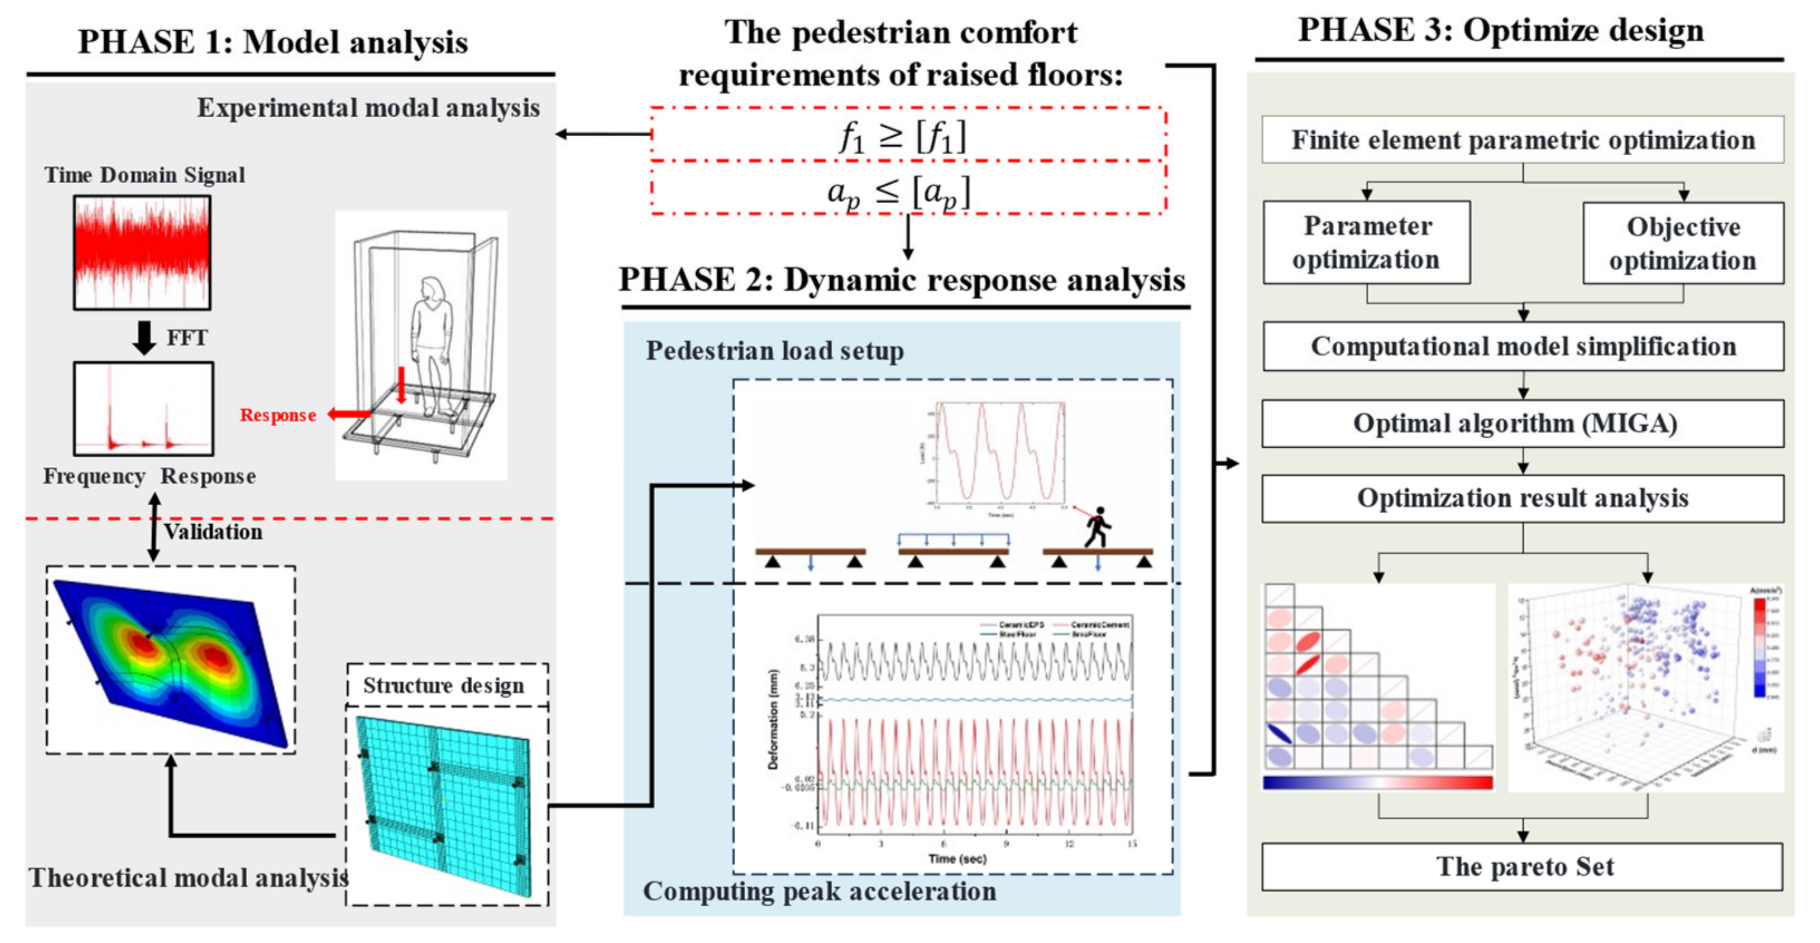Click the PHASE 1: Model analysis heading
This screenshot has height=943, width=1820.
[x=273, y=43]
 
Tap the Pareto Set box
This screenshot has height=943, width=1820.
[x=1522, y=867]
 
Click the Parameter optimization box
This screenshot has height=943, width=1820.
[x=1366, y=242]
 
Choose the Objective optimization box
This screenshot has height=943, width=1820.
[x=1683, y=243]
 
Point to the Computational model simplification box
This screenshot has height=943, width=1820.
[x=1522, y=346]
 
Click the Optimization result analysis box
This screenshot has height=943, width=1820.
[x=1522, y=498]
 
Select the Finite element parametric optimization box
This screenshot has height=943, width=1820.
[x=1522, y=140]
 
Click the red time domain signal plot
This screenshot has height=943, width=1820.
[x=142, y=252]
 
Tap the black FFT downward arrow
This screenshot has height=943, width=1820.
[x=144, y=338]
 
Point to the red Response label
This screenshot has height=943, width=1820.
[x=278, y=415]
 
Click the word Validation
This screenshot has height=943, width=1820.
[x=213, y=531]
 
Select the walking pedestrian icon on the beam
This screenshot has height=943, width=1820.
[x=1097, y=527]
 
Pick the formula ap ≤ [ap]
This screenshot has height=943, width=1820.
[x=899, y=191]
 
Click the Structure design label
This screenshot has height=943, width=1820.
[x=444, y=685]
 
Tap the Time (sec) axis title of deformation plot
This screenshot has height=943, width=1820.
[x=957, y=858]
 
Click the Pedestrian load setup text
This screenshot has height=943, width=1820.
[x=774, y=351]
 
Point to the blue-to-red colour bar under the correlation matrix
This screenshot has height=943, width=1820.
[x=1377, y=782]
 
